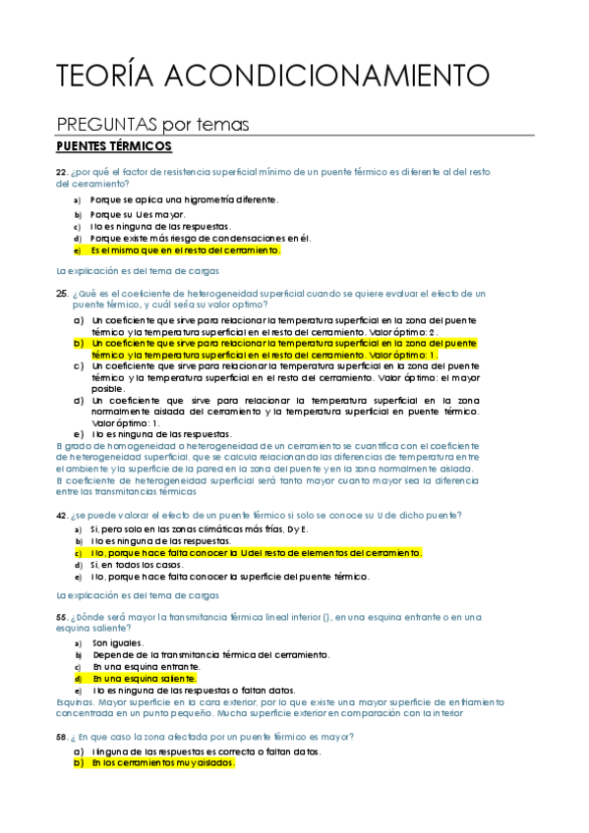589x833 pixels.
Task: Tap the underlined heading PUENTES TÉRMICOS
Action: (114, 146)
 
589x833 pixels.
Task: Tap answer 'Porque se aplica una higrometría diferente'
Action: (183, 199)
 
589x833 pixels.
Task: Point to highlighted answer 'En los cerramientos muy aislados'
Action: (162, 762)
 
